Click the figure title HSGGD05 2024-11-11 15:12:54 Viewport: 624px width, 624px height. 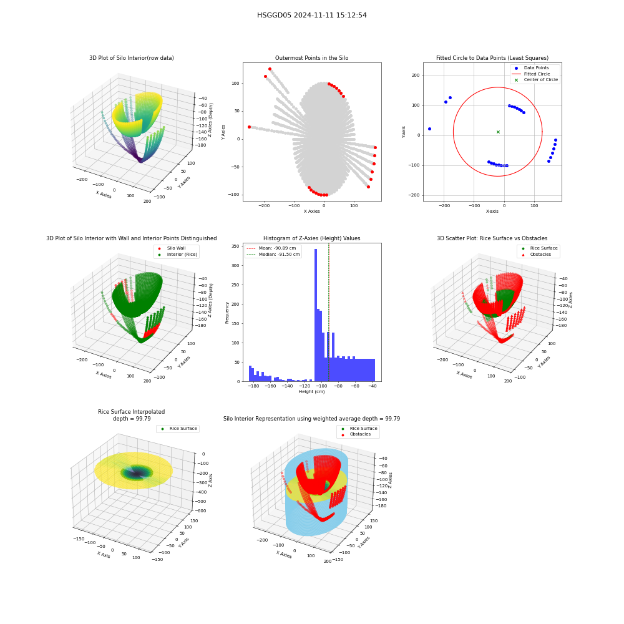pyautogui.click(x=311, y=15)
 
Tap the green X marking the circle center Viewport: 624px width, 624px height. pyautogui.click(x=498, y=132)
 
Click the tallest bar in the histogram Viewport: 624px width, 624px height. pyautogui.click(x=316, y=315)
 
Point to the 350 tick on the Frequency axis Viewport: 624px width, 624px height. pyautogui.click(x=236, y=246)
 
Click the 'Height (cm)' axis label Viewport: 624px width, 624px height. pyautogui.click(x=311, y=392)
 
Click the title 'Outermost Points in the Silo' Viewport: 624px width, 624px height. pyautogui.click(x=311, y=58)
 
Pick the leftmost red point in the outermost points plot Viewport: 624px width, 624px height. pyautogui.click(x=249, y=127)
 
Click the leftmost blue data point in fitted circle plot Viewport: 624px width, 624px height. pyautogui.click(x=429, y=129)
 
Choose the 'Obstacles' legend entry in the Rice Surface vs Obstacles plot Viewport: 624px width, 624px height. pyautogui.click(x=540, y=255)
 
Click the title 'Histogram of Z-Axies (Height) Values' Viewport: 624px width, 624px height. pyautogui.click(x=311, y=238)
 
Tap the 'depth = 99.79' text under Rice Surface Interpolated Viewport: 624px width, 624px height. pyautogui.click(x=132, y=419)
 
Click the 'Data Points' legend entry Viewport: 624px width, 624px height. pyautogui.click(x=536, y=68)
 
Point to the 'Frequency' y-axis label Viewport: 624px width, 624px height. pyautogui.click(x=227, y=313)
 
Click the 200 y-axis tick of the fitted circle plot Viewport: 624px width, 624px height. pyautogui.click(x=416, y=76)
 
